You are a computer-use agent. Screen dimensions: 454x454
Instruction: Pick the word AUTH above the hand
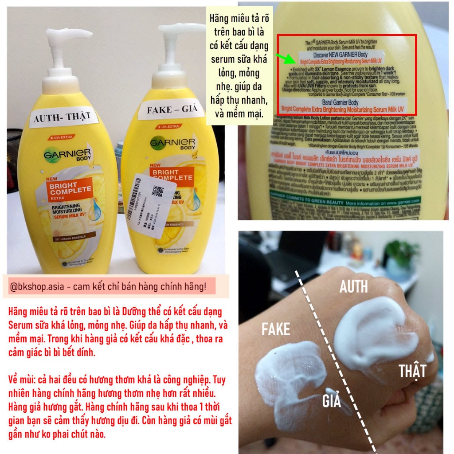(353, 287)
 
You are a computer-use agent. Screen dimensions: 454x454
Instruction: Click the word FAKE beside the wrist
(275, 329)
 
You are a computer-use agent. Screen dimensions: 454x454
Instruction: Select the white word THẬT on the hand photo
(412, 371)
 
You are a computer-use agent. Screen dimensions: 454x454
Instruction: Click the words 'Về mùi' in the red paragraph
(22, 380)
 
